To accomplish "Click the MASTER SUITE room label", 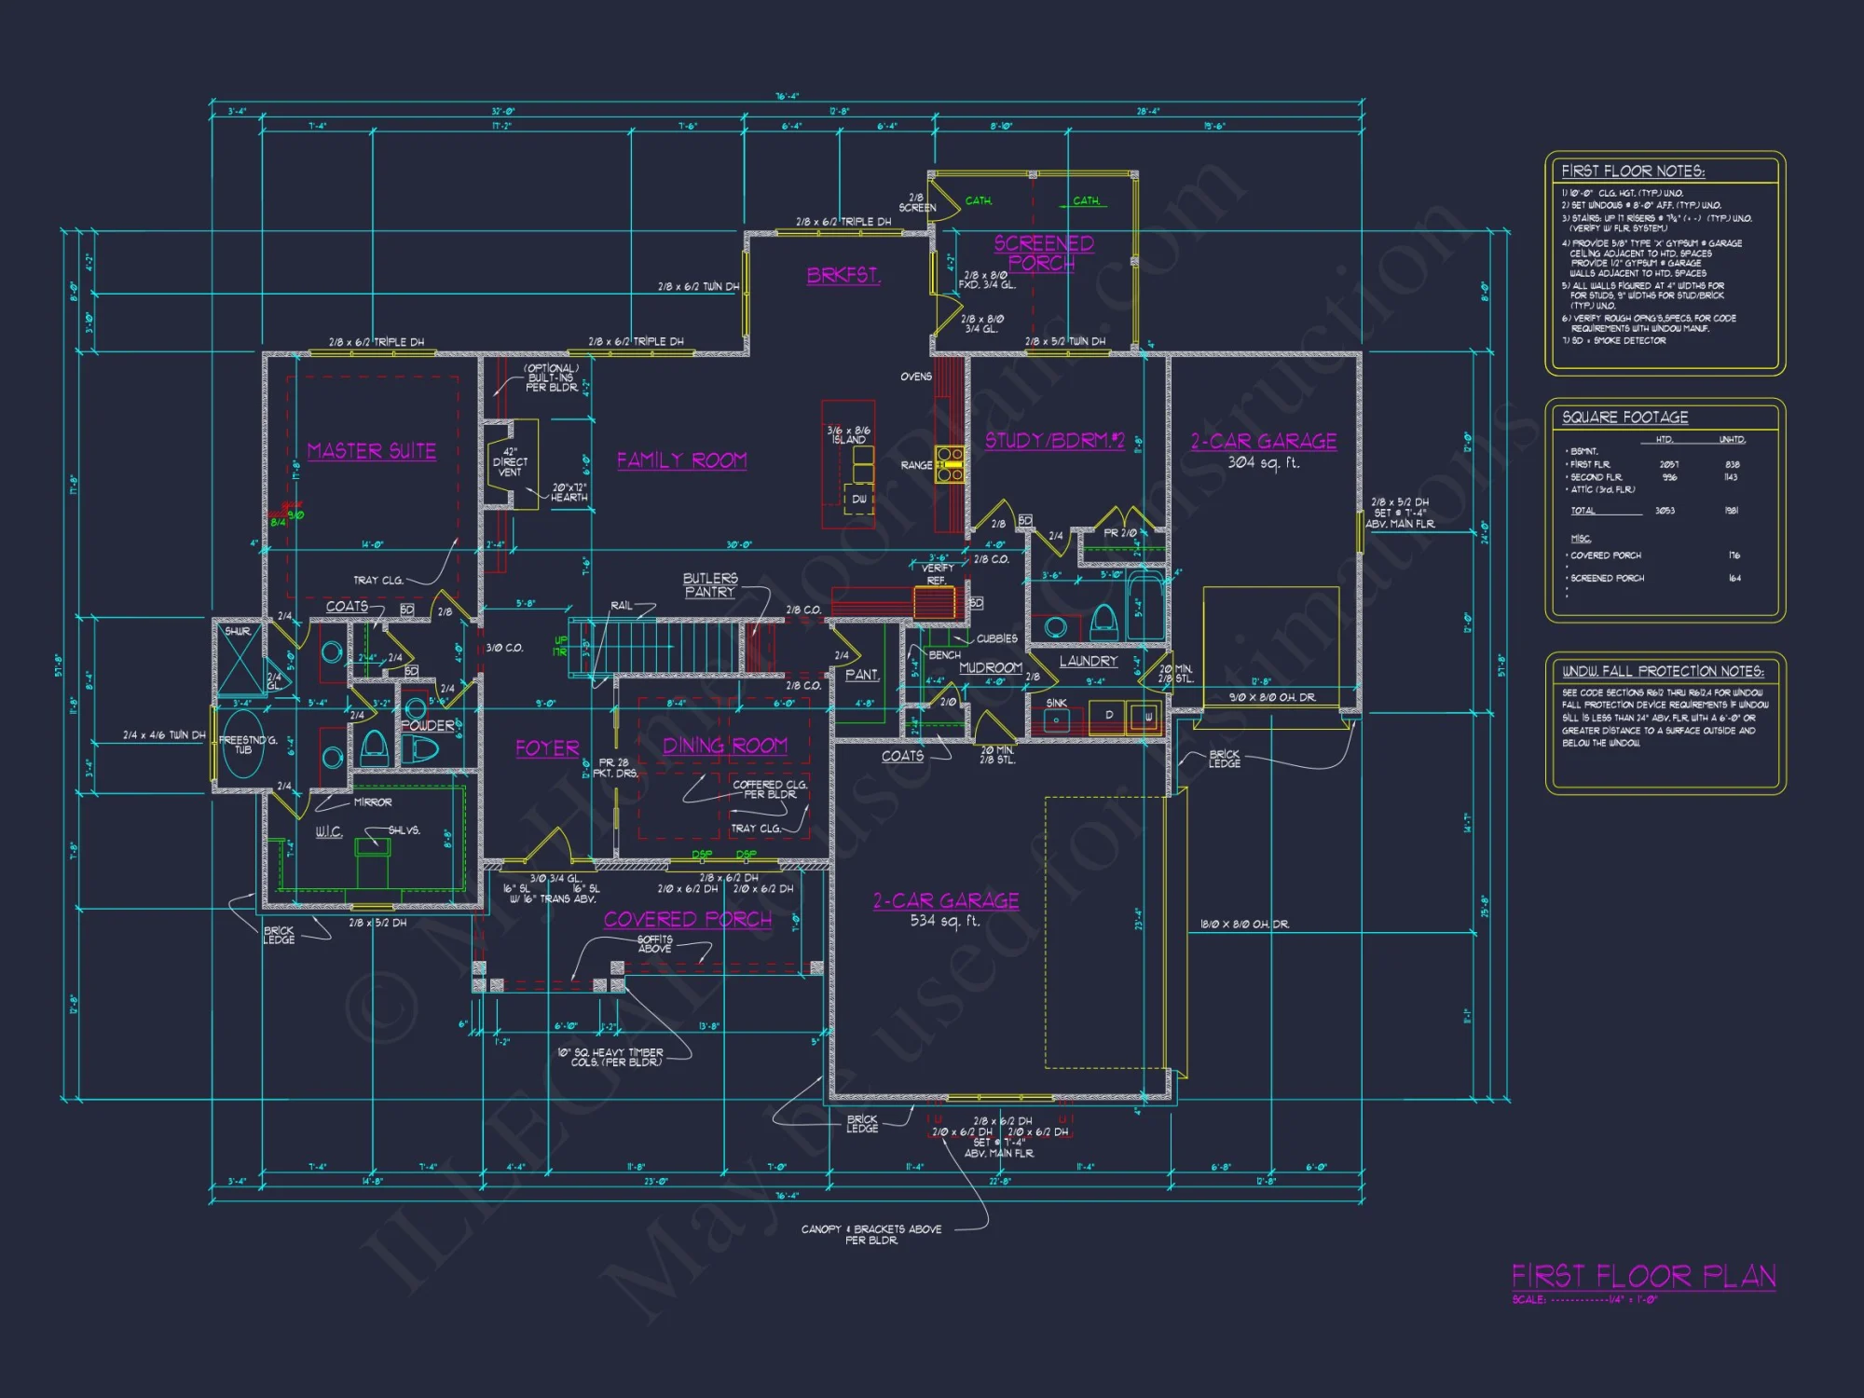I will [371, 451].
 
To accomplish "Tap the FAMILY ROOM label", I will [681, 460].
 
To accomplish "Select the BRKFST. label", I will [843, 275].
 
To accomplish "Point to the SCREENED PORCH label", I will [1043, 253].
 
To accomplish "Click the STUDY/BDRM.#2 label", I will [1055, 440].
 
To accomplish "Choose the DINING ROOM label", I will [725, 746].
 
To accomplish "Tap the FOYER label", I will [547, 748].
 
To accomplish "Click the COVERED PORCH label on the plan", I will [688, 919].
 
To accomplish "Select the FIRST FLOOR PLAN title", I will [1643, 1276].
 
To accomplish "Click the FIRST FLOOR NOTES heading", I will [1633, 171].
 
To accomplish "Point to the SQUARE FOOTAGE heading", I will [1624, 418].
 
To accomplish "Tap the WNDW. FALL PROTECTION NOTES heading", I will [1663, 671].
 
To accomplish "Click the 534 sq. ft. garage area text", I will [945, 921].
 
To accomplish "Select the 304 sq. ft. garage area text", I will [1263, 462].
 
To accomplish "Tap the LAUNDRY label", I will [1088, 661].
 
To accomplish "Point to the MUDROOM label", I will [990, 667].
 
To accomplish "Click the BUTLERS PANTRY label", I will [710, 585].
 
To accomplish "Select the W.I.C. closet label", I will [329, 831].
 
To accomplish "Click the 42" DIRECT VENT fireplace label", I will [510, 461].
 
